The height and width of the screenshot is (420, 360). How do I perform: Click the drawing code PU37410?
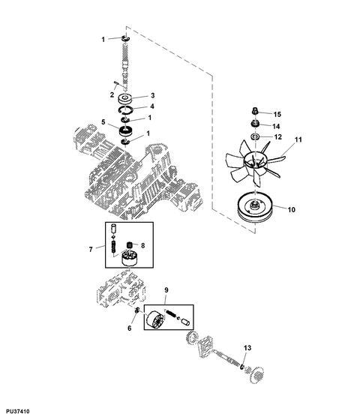[18, 411]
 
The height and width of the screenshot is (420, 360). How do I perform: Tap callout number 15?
[277, 114]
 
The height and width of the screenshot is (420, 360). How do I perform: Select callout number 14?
[276, 126]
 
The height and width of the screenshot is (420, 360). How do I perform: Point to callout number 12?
[278, 136]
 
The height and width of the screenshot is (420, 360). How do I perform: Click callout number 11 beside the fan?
[298, 139]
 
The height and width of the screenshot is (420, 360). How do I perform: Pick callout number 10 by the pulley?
[292, 209]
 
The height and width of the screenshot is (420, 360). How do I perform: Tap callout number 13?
[247, 348]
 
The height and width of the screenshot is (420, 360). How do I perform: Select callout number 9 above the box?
[166, 289]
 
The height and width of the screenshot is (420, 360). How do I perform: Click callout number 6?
[129, 328]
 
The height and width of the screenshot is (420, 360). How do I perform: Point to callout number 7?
[91, 250]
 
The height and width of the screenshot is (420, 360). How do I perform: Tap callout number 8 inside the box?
[142, 245]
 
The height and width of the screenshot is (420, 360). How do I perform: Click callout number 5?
[103, 122]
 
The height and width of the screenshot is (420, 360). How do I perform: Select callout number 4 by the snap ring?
[152, 106]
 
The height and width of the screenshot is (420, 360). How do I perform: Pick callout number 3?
[153, 95]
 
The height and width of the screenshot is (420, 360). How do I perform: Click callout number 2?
[112, 94]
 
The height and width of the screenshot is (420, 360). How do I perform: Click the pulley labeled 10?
[255, 208]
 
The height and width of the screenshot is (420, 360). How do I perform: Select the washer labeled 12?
[255, 136]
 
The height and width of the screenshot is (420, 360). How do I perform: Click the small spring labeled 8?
[130, 244]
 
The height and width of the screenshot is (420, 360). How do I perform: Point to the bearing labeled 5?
[125, 130]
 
